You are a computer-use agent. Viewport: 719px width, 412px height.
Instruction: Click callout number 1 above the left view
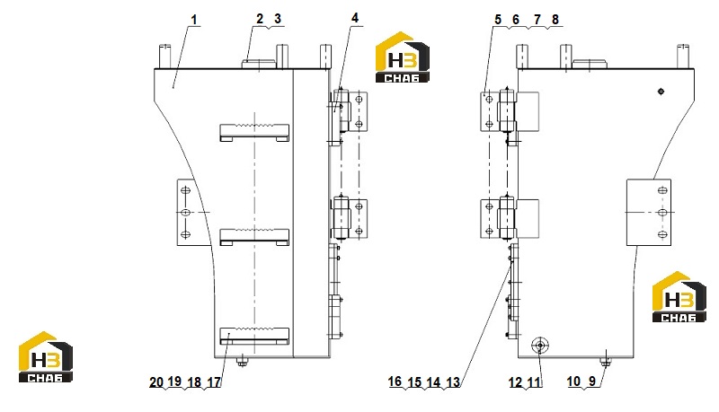[x=194, y=20]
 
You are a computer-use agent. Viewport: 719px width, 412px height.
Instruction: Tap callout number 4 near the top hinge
[x=355, y=18]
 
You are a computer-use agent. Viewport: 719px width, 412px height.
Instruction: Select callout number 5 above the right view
[x=498, y=20]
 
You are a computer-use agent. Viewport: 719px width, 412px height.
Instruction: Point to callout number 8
[x=555, y=20]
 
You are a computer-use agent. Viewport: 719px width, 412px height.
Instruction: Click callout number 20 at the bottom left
[x=156, y=381]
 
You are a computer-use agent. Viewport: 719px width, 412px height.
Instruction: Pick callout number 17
[x=214, y=382]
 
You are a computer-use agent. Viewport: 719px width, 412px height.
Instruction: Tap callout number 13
[x=453, y=382]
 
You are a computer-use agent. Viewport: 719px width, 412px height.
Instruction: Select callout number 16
[x=395, y=381]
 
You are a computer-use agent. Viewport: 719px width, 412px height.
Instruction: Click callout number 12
[x=515, y=382]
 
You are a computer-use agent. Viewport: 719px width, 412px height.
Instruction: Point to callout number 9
[x=592, y=381]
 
